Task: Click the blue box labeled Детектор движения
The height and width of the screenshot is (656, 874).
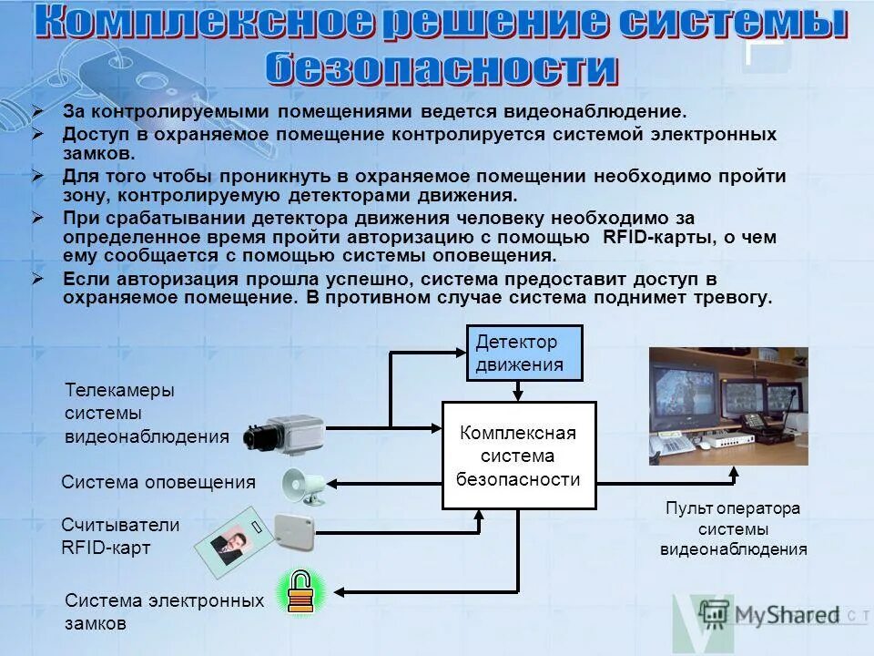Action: coord(523,353)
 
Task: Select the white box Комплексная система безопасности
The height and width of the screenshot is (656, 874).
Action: coord(518,455)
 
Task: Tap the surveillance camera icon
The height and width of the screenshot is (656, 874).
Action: coord(284,434)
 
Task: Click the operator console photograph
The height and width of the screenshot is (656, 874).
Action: coord(727,405)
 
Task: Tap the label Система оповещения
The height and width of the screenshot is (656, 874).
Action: coord(158,483)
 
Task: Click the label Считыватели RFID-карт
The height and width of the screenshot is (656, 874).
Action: coord(119,537)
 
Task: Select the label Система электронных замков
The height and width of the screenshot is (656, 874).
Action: coord(164,612)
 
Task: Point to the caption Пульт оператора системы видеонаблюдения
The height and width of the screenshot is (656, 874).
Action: coord(732,528)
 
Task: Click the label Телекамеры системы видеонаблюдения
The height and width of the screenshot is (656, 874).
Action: coord(146,413)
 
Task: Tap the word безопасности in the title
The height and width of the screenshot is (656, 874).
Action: coord(441,68)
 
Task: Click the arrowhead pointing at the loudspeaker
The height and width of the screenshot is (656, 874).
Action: coord(335,482)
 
